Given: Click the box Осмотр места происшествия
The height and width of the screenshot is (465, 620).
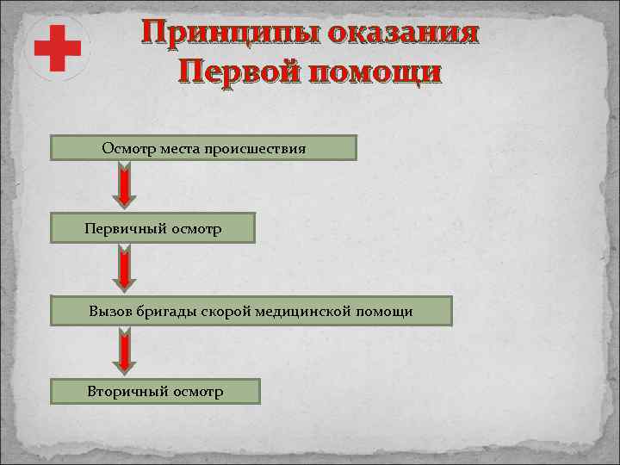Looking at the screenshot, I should point(203,148).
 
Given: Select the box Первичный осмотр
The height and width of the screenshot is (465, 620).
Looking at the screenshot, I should point(153,229).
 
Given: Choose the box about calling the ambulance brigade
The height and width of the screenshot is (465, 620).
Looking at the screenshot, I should point(251,311).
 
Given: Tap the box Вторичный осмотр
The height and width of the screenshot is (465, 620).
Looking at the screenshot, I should point(155,392).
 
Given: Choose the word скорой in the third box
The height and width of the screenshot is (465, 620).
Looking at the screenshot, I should point(223,311).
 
